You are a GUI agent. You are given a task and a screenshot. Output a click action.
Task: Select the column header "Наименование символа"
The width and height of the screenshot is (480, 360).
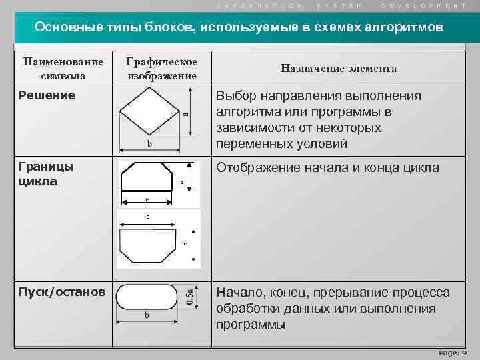point(63,68)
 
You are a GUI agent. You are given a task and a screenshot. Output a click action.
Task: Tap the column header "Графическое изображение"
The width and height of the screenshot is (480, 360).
point(162,68)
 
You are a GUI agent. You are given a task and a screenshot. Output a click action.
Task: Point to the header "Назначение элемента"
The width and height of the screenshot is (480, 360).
point(339,68)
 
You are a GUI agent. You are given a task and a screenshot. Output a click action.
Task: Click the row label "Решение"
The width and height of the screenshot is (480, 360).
point(47,96)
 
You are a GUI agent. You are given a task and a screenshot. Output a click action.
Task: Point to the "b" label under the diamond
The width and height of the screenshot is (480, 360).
point(149,144)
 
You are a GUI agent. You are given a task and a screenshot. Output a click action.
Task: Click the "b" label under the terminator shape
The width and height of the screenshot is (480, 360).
point(147,315)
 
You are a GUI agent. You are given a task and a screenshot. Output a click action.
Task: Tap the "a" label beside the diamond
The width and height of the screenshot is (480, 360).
point(186,113)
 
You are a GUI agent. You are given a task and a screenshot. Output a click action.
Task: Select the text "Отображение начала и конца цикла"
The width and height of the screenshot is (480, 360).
point(327,167)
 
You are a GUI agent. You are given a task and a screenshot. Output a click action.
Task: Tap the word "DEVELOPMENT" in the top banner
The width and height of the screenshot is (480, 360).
point(424,5)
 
